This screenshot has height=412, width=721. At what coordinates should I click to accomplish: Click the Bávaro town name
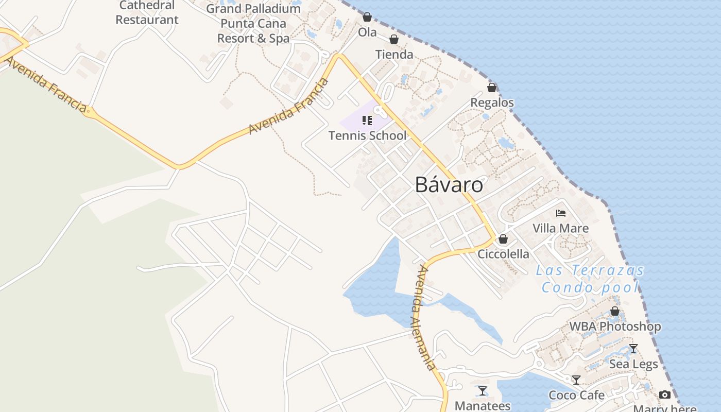click(x=449, y=185)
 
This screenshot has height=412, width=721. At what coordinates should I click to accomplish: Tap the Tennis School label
click(x=367, y=135)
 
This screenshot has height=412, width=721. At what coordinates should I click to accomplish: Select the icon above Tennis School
click(x=367, y=121)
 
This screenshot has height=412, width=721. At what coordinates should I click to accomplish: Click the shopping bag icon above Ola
click(x=367, y=17)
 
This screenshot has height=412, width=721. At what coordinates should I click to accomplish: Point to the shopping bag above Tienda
click(x=394, y=39)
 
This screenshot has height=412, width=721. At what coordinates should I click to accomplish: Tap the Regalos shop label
click(x=492, y=102)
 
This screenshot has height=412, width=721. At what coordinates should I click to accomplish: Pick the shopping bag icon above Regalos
click(x=492, y=88)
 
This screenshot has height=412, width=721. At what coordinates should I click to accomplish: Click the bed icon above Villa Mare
click(x=561, y=213)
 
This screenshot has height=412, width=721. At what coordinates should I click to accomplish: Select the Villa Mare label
click(x=560, y=228)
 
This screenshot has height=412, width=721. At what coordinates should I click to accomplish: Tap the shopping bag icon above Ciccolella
click(x=503, y=239)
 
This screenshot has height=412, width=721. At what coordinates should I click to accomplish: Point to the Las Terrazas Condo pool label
click(x=590, y=279)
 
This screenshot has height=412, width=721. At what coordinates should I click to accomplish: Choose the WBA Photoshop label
click(x=615, y=327)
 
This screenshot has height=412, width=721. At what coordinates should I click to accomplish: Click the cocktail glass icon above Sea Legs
click(x=633, y=349)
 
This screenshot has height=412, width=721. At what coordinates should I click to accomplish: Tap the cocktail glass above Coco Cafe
click(x=576, y=380)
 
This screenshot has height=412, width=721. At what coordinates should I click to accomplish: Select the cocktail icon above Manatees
click(x=483, y=391)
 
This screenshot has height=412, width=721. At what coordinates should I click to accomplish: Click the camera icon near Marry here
click(x=665, y=395)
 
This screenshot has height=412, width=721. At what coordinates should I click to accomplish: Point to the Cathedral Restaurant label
click(x=147, y=13)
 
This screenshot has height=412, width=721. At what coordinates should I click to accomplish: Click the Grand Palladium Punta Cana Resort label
click(x=253, y=24)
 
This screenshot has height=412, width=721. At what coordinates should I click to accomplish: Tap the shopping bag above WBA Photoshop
click(x=615, y=311)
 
